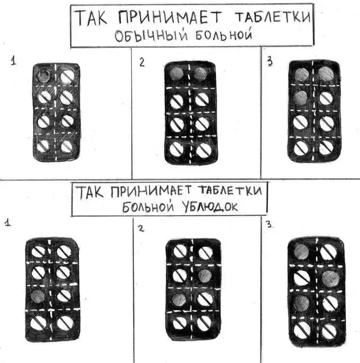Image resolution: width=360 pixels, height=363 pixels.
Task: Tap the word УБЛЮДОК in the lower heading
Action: [209, 206]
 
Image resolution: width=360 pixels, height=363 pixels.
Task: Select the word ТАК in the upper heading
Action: [92, 17]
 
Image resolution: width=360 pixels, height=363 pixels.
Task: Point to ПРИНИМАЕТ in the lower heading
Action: [151, 192]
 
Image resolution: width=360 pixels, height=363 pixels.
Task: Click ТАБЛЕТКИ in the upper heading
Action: [273, 16]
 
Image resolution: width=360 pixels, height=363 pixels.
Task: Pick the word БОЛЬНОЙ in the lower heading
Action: [148, 207]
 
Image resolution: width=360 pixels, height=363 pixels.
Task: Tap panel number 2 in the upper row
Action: [142, 62]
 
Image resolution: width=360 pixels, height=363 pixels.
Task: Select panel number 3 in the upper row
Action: [269, 62]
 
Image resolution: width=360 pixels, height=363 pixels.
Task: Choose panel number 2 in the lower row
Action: [141, 229]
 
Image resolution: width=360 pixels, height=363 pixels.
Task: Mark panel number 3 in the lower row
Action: [269, 224]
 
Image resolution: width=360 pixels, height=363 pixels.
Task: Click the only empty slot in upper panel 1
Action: [43, 75]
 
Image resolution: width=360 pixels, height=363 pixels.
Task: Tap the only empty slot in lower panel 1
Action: [38, 297]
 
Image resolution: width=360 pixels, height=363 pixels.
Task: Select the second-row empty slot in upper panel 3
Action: [300, 98]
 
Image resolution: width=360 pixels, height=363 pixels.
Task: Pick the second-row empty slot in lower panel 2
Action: [205, 276]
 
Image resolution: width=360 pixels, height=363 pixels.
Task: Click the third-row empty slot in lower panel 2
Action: [179, 300]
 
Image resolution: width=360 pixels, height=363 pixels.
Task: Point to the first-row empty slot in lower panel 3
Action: [301, 251]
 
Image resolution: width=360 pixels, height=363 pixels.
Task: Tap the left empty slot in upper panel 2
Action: [177, 74]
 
